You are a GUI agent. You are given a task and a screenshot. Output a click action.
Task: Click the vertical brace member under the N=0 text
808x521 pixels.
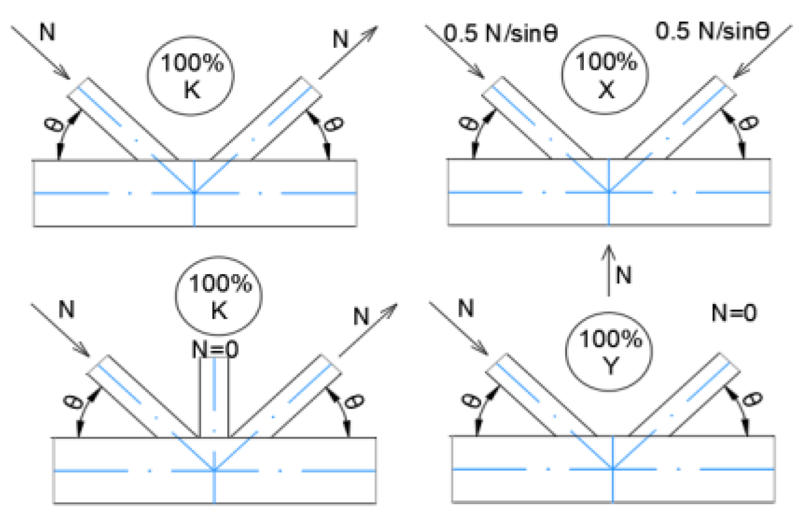click(214, 398)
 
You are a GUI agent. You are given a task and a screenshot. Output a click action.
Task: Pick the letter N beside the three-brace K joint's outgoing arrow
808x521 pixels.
click(360, 316)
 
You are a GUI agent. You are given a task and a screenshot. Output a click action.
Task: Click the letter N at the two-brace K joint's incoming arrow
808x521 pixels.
click(47, 30)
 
